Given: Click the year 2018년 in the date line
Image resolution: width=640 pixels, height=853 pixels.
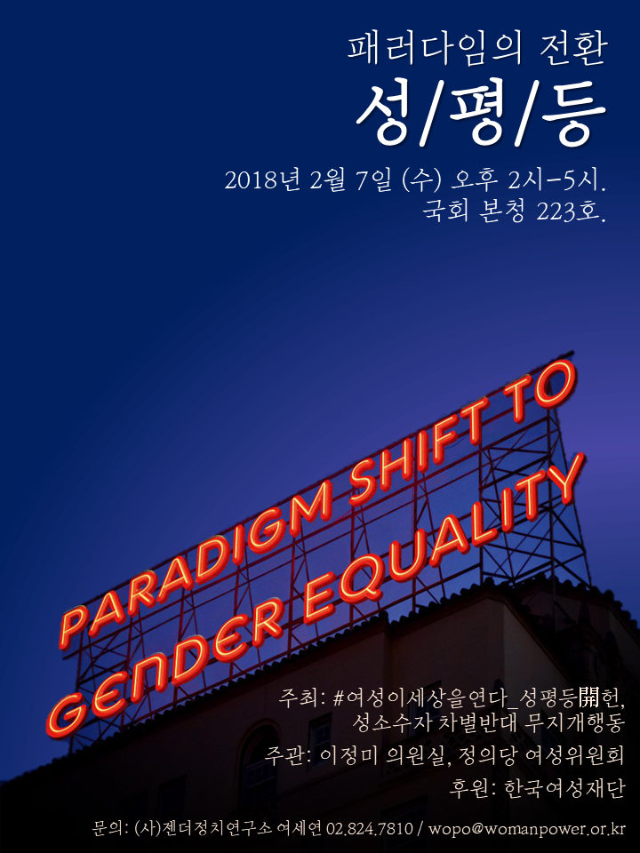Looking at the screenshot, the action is (x=262, y=181).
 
